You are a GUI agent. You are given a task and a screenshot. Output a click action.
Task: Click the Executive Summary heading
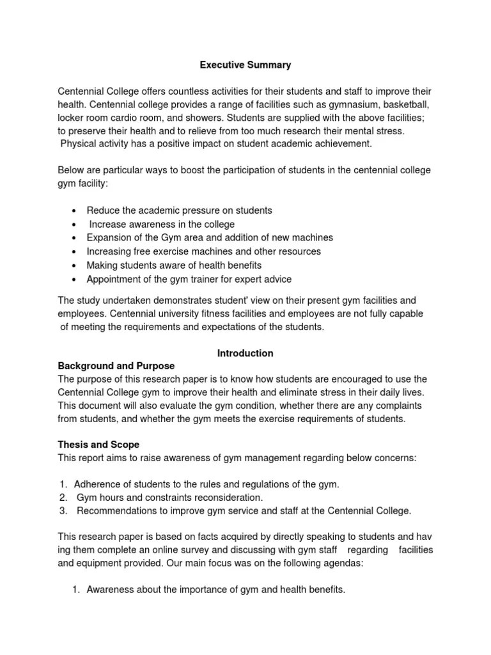coord(245,65)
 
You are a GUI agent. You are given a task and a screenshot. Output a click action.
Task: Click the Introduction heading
coord(245,353)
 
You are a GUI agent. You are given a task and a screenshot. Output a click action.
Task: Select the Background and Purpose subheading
coord(116,366)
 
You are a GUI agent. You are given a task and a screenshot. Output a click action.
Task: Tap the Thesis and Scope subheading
coord(98,445)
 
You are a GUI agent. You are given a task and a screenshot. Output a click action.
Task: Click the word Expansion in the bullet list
coord(109,237)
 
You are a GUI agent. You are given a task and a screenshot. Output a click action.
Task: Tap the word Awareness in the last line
coord(109,590)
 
